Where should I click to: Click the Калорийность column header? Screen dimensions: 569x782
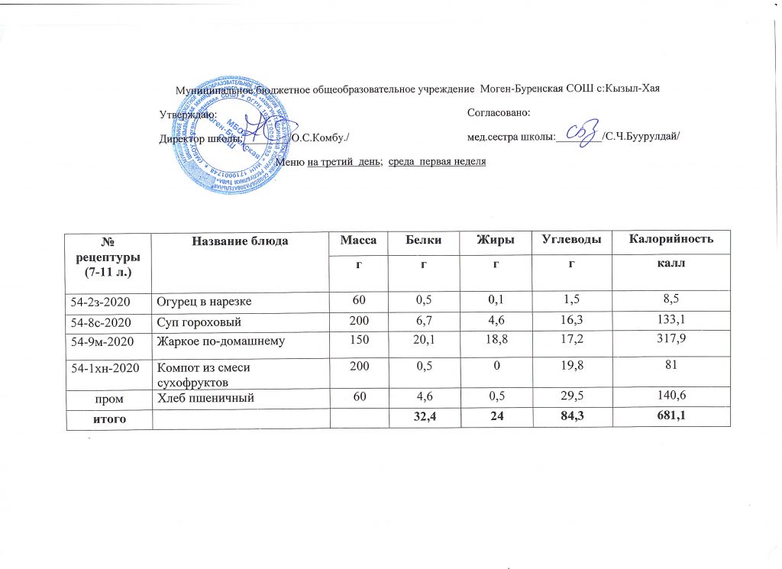671,241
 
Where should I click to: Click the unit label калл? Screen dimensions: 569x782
672,263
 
